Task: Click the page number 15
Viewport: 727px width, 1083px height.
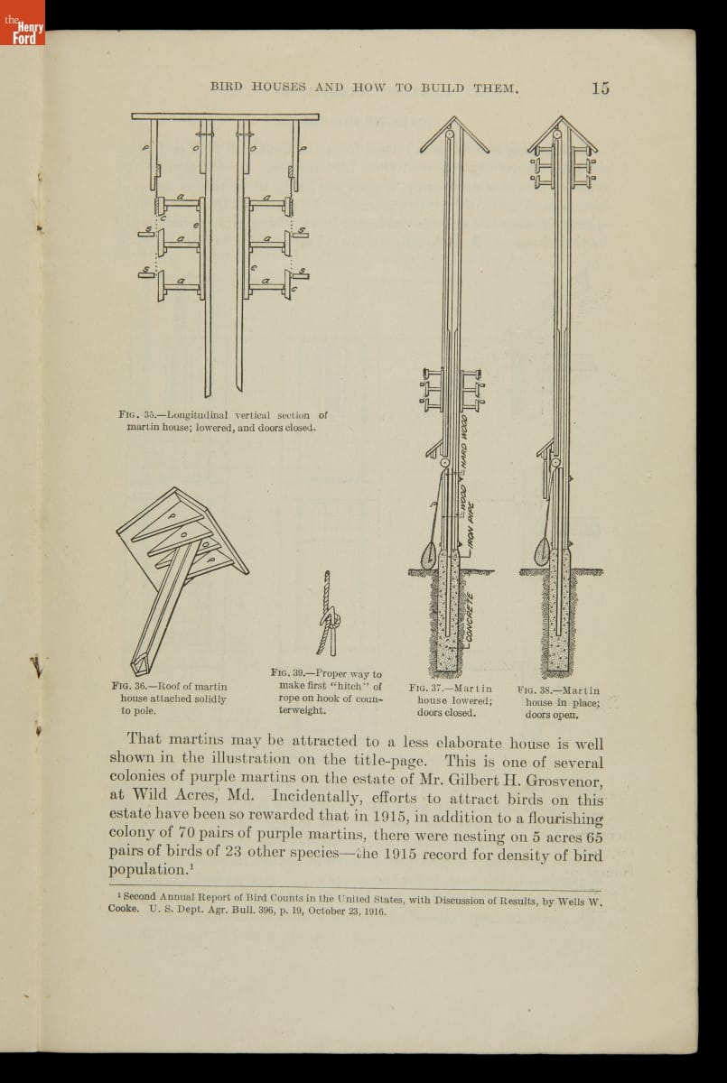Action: pos(601,88)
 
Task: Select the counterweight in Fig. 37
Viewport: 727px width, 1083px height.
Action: pos(429,552)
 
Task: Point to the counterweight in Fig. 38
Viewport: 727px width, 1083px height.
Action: pos(543,550)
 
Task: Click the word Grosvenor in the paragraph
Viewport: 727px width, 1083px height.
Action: pos(557,780)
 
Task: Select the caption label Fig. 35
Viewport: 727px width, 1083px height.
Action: pos(137,415)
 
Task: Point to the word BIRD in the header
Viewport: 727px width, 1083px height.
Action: pos(226,88)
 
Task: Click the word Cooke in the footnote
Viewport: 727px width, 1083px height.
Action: pos(126,912)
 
